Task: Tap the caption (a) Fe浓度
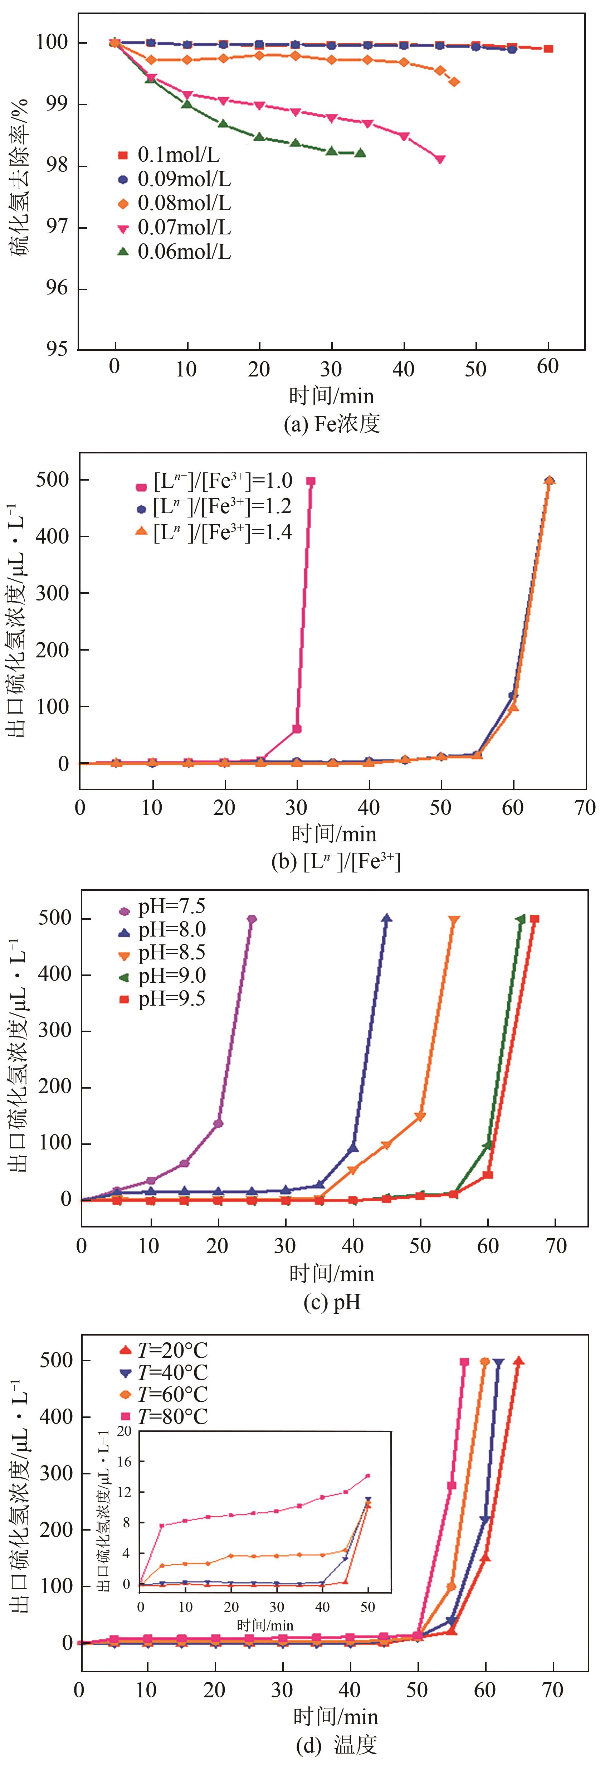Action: coord(332,424)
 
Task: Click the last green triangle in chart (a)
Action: coord(360,153)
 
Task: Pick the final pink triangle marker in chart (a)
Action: coord(440,159)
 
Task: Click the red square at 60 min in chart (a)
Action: coord(548,49)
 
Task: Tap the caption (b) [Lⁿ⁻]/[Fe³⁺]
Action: coord(335,862)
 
